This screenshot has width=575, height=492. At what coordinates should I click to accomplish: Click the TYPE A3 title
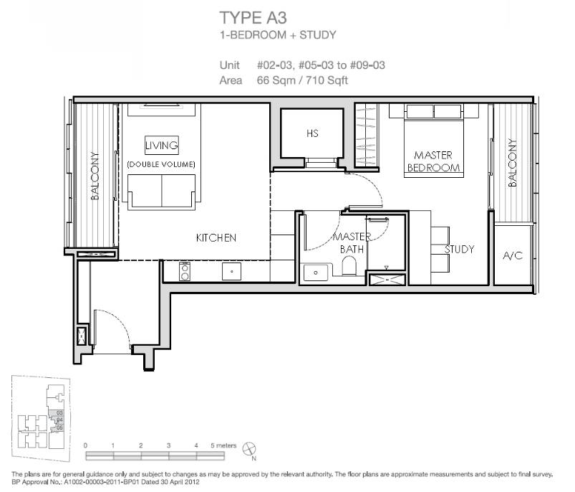(253, 18)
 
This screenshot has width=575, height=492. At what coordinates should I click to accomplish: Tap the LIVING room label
(162, 145)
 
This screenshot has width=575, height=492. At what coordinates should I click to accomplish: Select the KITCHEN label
(216, 237)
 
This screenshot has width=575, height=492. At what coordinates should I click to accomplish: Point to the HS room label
(312, 133)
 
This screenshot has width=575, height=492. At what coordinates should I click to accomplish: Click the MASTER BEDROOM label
(433, 161)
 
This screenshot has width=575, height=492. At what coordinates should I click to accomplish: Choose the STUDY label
(459, 250)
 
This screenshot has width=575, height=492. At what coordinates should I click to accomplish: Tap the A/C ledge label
(513, 255)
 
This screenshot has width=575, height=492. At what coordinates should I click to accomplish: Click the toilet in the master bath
(349, 265)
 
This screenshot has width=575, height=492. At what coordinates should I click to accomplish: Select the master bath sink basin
(316, 273)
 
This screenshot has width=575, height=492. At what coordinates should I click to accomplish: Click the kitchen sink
(232, 272)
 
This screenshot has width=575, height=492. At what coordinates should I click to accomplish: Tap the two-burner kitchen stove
(185, 271)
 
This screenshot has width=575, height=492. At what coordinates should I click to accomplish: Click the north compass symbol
(249, 449)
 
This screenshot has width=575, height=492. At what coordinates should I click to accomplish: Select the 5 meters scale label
(223, 445)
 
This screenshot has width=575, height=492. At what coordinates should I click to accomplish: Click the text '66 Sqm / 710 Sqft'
(302, 80)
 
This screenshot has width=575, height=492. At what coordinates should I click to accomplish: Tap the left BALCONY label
(95, 176)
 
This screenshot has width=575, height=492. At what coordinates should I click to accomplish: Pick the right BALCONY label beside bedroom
(512, 163)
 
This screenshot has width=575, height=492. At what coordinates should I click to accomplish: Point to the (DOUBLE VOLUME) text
(161, 164)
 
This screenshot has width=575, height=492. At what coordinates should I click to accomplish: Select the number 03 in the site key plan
(59, 413)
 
